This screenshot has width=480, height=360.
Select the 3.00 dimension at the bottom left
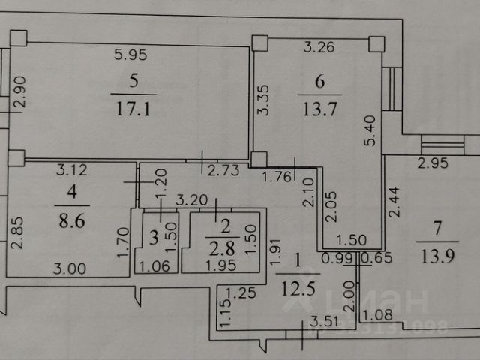point(70,267)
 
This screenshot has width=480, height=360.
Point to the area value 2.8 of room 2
point(217,249)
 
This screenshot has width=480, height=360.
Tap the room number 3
point(154,239)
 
